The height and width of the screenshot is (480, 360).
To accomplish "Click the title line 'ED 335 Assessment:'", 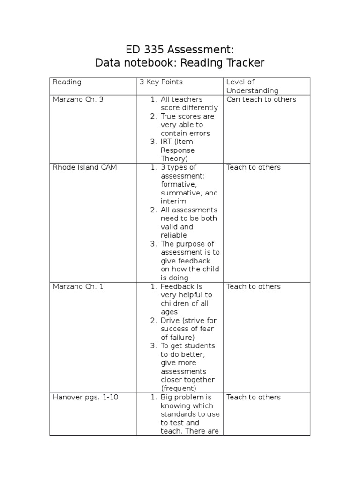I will coord(180,50).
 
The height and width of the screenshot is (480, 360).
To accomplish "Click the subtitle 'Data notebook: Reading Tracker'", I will coord(180,63).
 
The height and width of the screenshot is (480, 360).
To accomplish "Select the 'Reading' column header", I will coord(67,82).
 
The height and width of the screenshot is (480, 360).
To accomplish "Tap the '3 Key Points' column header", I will coord(161,82).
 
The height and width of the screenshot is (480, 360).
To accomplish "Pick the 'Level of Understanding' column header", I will coord(252,86).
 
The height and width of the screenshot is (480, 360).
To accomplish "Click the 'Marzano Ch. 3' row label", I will coord(78,99).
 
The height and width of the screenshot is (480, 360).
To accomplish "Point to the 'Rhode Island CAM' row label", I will coord(84,167).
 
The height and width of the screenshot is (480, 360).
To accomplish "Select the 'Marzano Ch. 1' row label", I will coord(78,286).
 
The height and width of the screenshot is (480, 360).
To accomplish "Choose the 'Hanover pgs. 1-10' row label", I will coord(85,397).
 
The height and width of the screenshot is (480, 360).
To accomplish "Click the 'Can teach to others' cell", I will coord(261,99).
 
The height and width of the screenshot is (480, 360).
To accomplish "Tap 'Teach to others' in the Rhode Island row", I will coord(254,167).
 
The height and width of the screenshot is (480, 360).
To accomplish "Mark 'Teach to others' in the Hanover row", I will coord(254,397).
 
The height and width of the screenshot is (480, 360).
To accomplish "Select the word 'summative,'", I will coord(181,193).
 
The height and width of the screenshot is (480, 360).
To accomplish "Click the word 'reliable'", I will coord(173,235).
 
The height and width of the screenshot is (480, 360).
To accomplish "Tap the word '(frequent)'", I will coord(179,388).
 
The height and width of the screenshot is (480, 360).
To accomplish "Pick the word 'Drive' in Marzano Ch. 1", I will coord(170,320).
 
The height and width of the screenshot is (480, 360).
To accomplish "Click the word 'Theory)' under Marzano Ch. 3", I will coord(174,158).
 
